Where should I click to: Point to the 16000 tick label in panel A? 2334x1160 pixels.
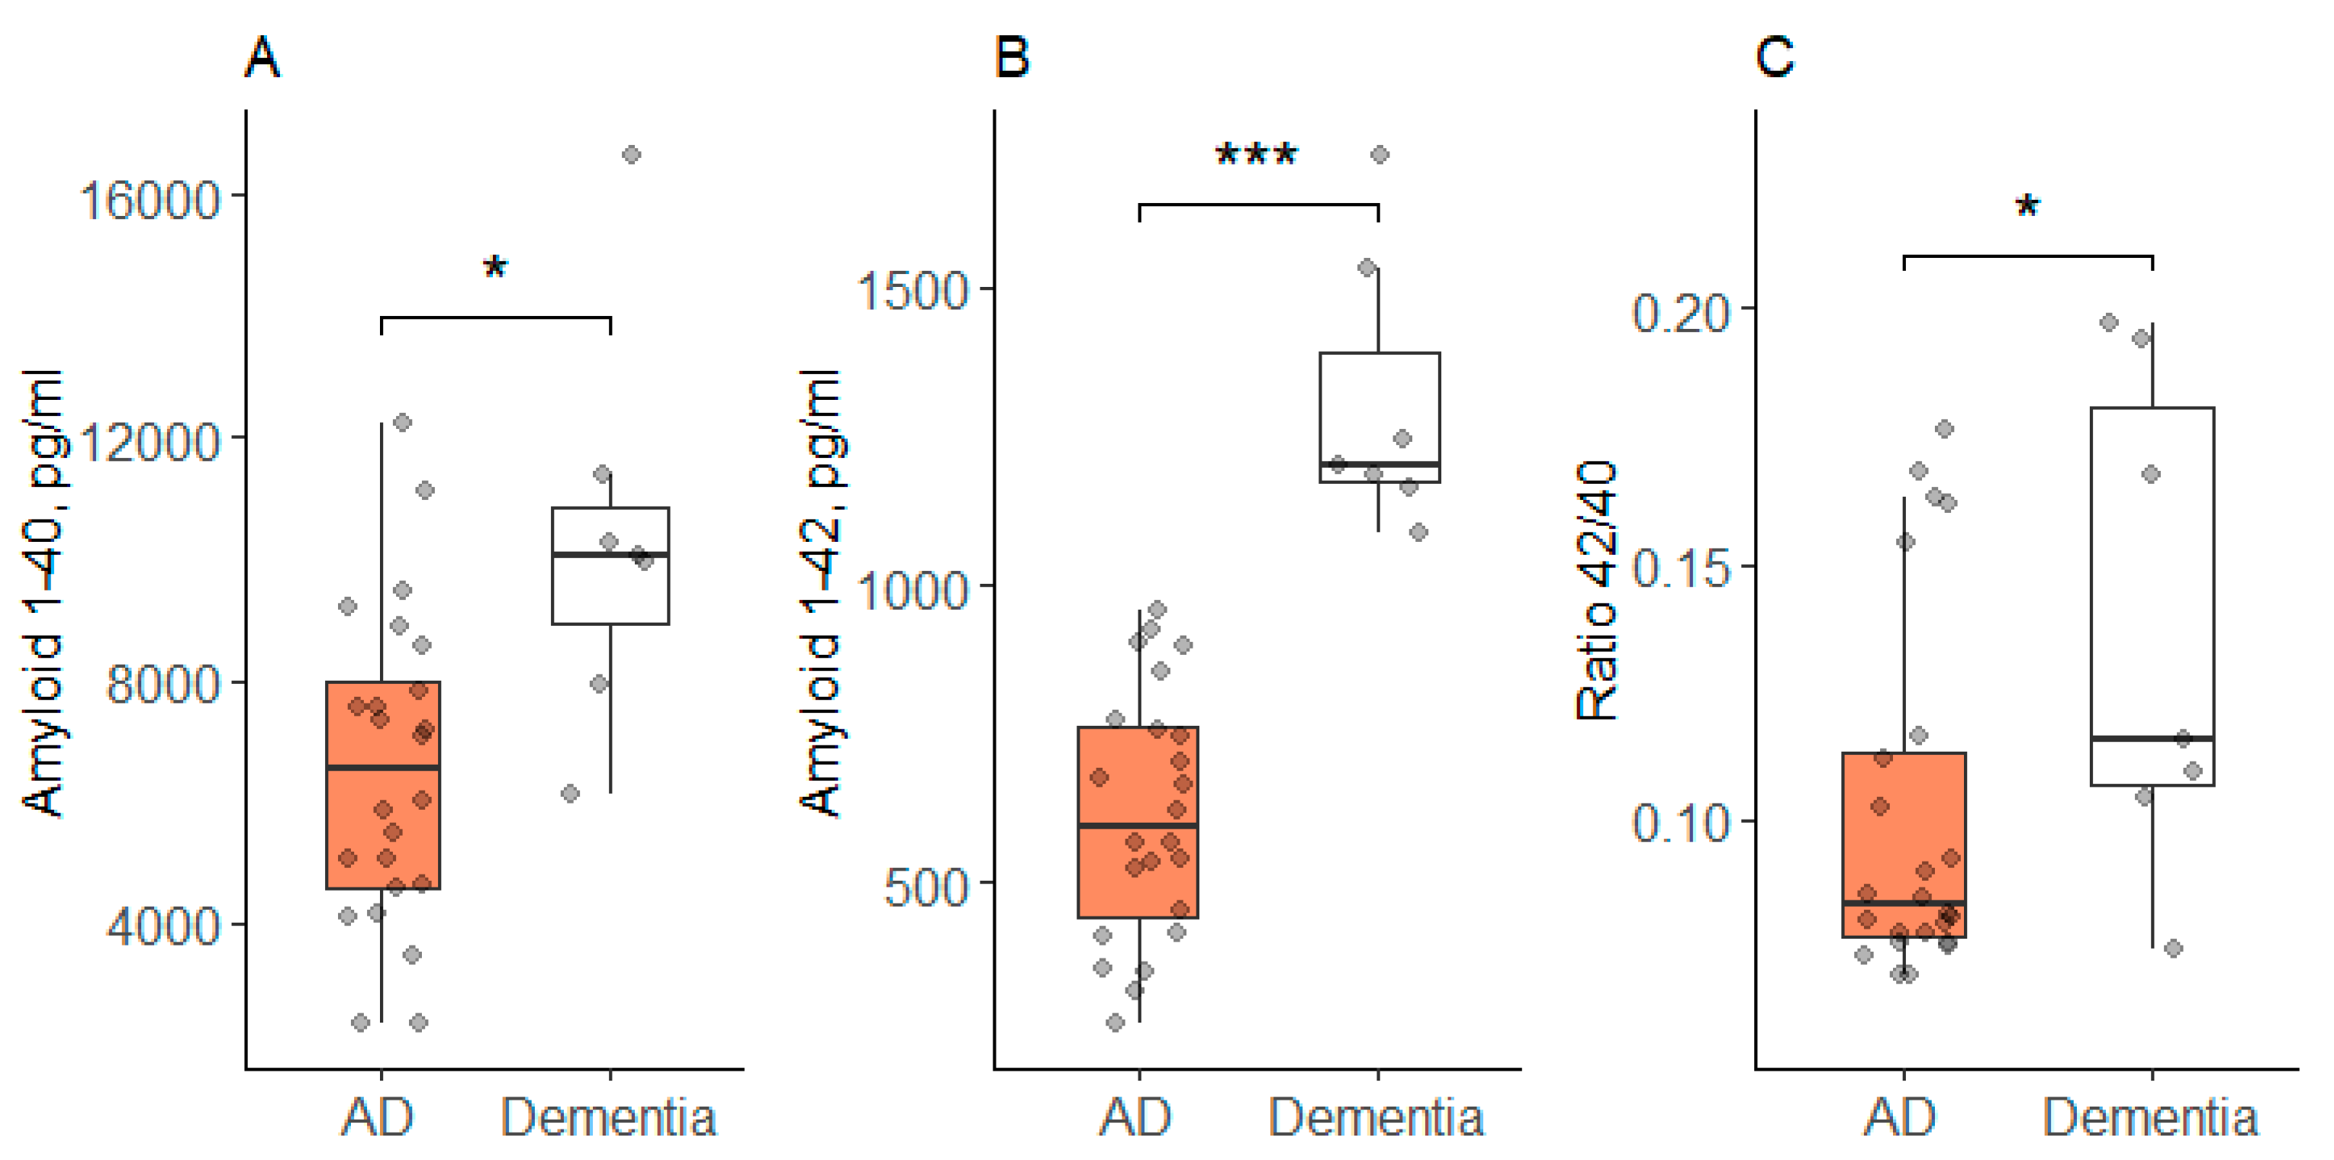[x=150, y=198]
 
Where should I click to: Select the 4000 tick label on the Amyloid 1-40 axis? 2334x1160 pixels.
[x=164, y=925]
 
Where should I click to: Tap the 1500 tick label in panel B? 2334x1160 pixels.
[x=913, y=291]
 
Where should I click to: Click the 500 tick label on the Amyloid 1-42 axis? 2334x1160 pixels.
[x=926, y=885]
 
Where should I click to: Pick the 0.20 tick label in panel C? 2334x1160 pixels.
[x=1681, y=313]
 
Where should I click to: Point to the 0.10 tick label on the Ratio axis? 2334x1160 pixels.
[x=1681, y=823]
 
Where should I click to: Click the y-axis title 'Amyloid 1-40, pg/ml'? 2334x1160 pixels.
[x=43, y=594]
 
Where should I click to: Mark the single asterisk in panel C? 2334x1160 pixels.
[x=2028, y=208]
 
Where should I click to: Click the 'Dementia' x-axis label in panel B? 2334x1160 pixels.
[x=1376, y=1117]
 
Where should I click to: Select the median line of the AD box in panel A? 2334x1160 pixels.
[x=383, y=768]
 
